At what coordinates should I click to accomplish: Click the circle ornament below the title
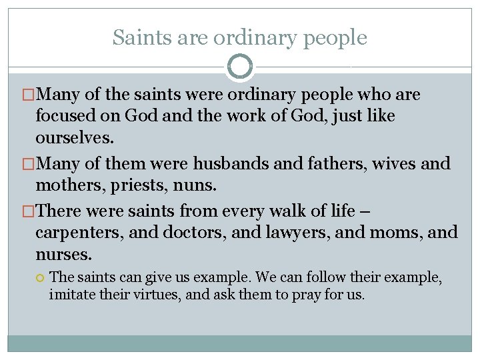coord(240,66)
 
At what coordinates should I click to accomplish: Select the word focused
coord(65,116)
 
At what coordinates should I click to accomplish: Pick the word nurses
coord(64,255)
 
